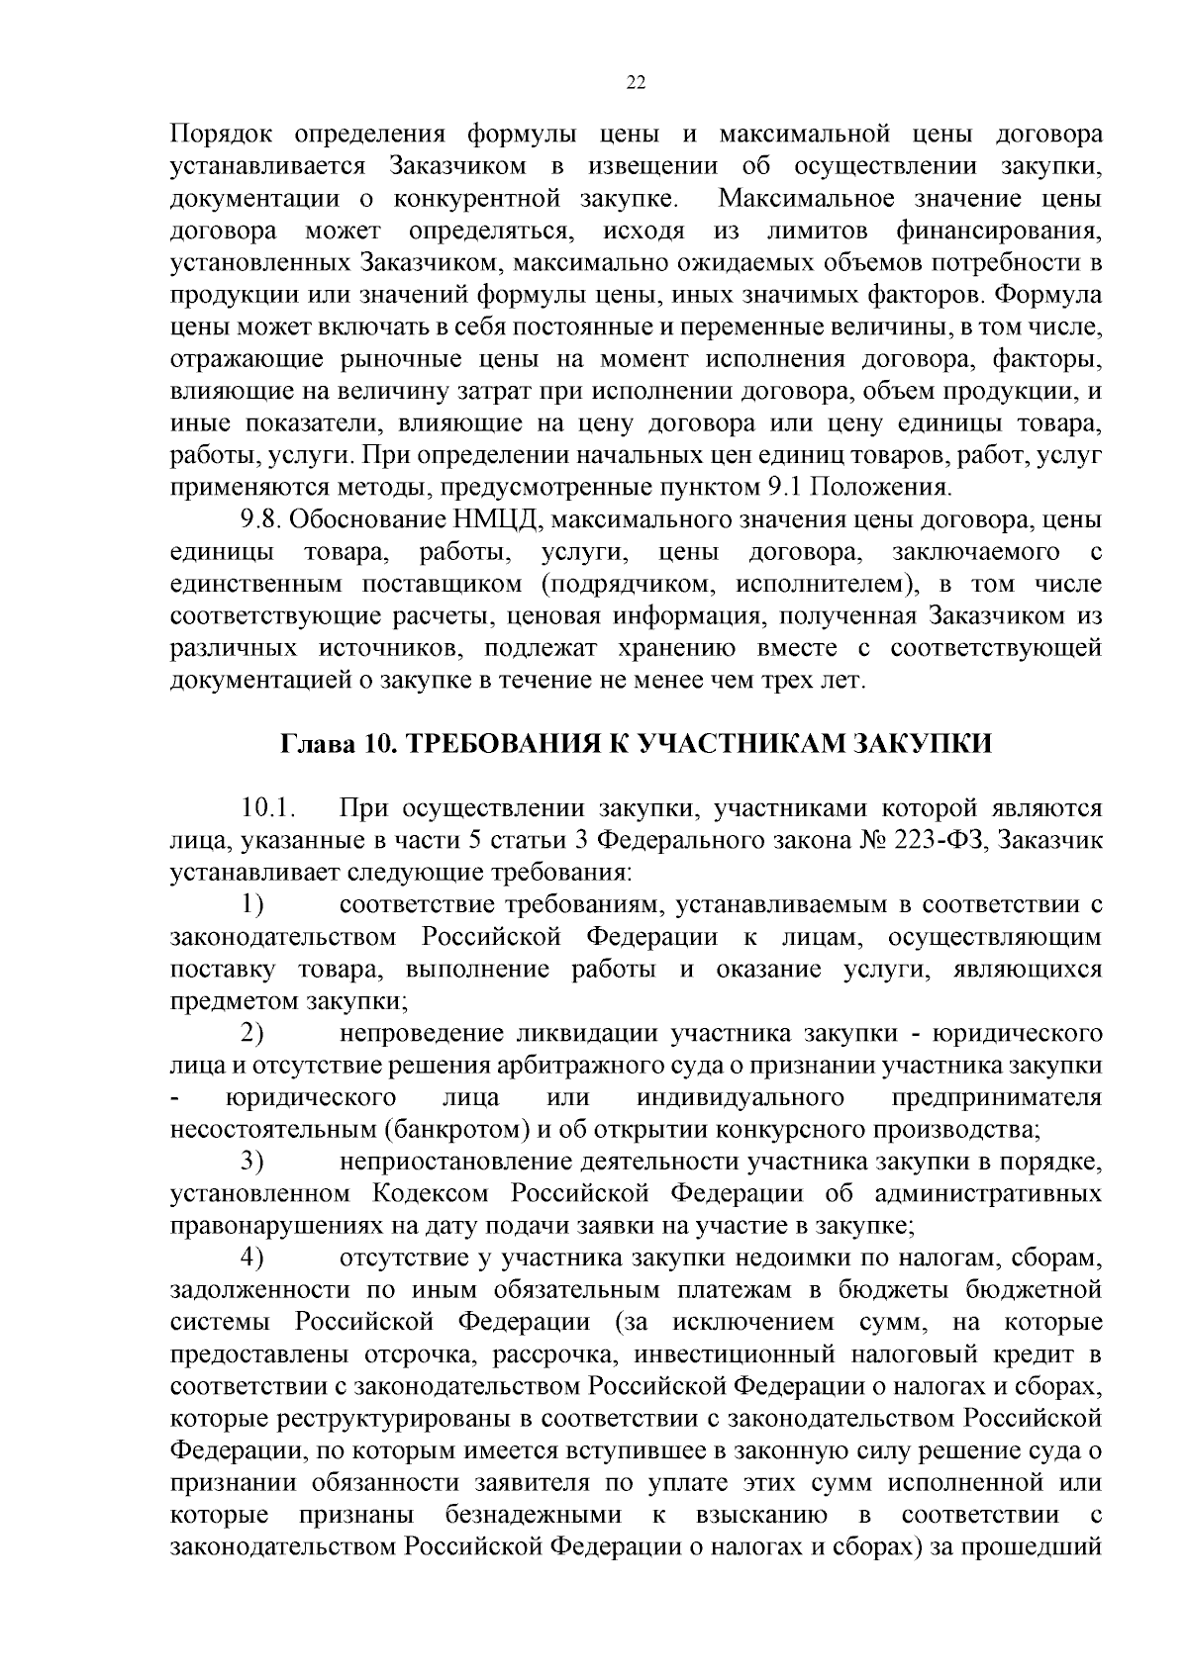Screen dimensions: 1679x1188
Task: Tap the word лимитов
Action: click(x=818, y=232)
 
